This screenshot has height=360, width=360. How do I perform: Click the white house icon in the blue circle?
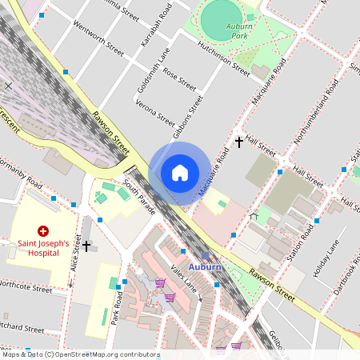179,173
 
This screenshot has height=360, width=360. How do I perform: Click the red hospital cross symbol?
43,230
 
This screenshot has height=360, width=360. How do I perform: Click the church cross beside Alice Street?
86,246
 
